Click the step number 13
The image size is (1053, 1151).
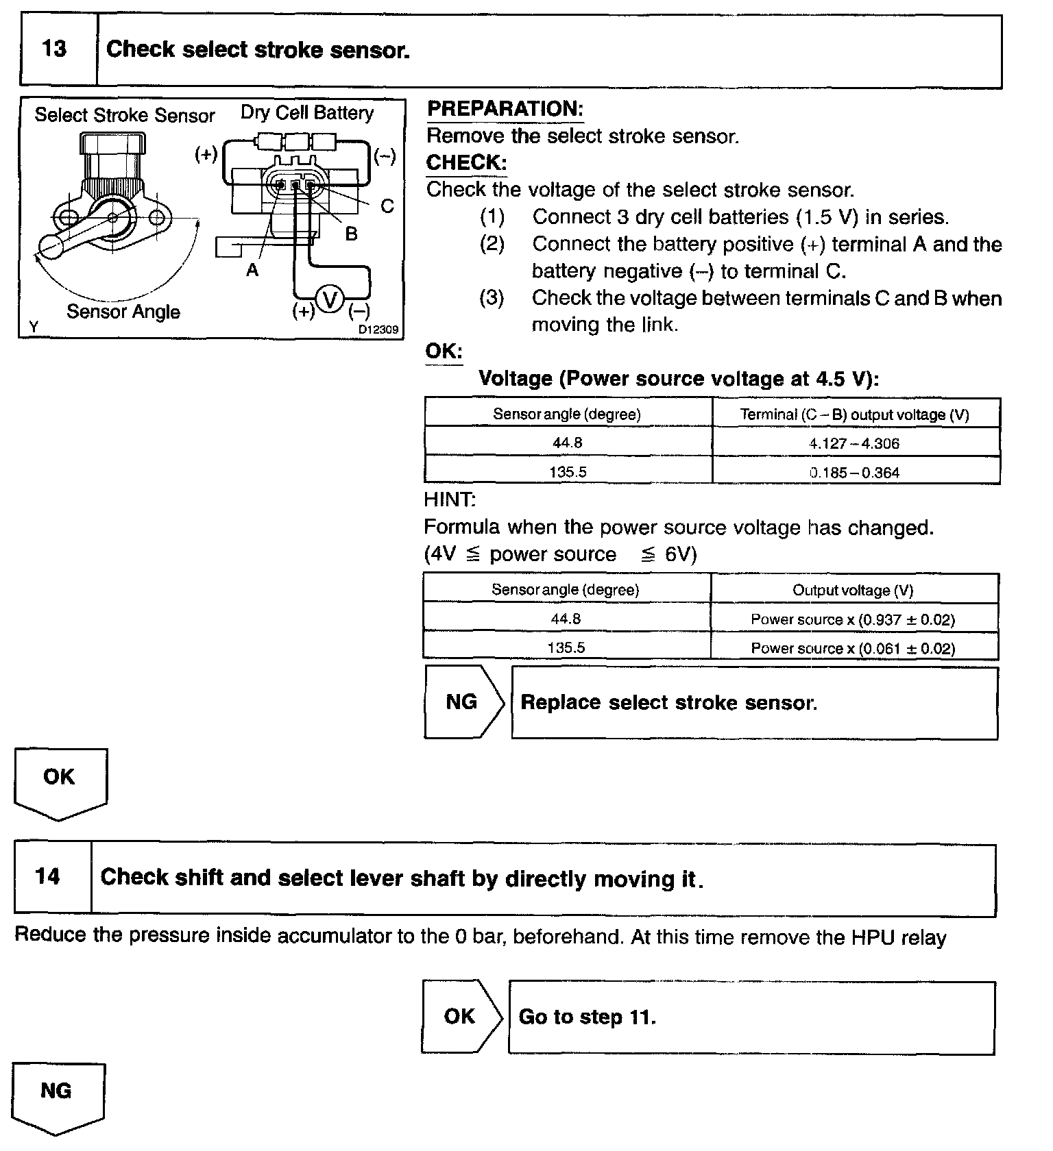pos(55,49)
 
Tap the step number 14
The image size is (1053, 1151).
pos(48,877)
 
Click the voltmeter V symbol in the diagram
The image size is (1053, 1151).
pos(331,299)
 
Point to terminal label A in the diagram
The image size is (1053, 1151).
pos(252,271)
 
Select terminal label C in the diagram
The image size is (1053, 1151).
pos(387,206)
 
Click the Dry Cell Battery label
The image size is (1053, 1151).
pos(306,113)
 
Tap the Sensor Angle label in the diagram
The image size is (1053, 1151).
pos(123,312)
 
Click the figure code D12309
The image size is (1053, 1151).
pos(378,330)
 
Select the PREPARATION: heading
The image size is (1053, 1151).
pos(505,109)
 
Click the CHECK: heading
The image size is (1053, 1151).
pos(466,163)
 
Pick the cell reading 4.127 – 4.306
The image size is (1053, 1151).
pos(854,443)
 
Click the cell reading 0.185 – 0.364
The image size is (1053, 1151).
pos(854,472)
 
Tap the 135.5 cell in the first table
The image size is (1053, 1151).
pos(567,472)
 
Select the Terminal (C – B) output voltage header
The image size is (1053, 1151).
pos(854,414)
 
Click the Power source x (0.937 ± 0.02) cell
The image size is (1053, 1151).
pos(853,619)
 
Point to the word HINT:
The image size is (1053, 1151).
pos(450,500)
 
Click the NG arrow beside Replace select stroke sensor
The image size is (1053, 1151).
pos(463,702)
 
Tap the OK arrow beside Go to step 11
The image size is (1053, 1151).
pos(461,1017)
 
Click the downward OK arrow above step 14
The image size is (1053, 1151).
pos(60,781)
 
